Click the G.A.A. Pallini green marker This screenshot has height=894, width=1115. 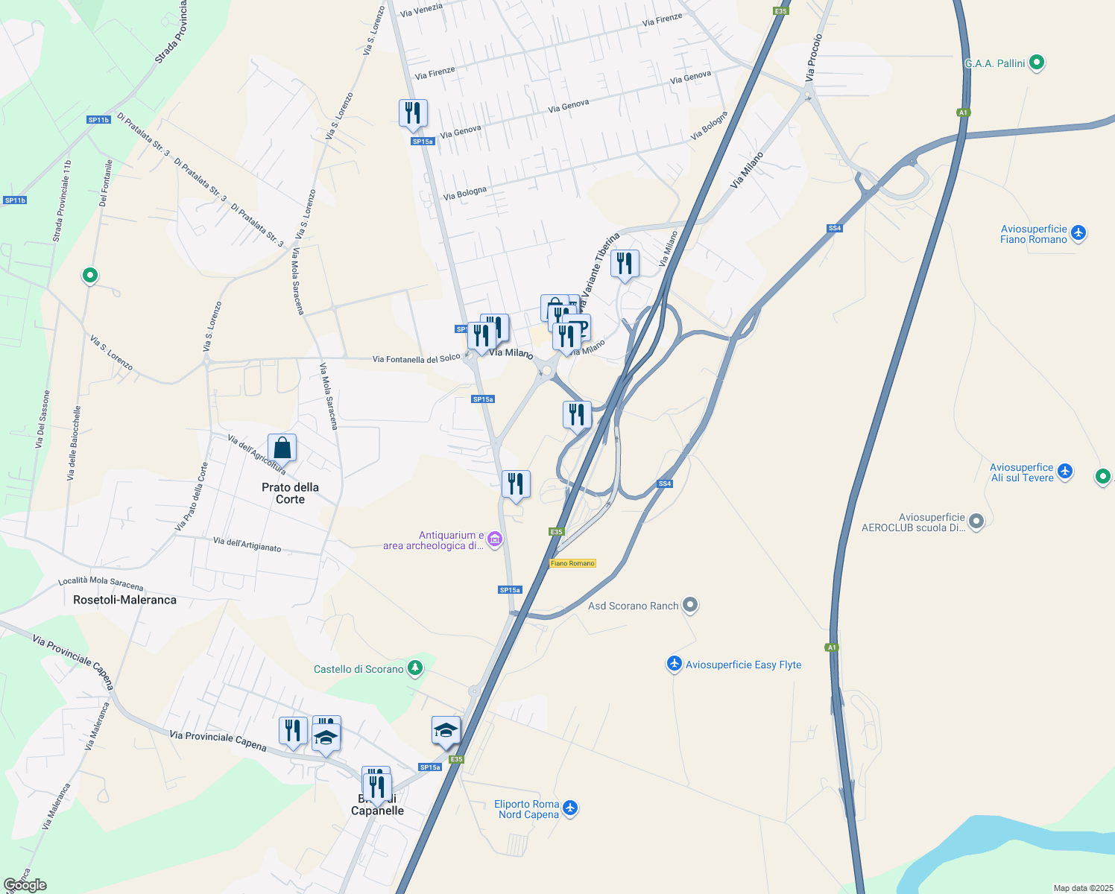[x=1036, y=63]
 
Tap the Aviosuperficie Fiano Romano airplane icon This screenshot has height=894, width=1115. [x=1078, y=233]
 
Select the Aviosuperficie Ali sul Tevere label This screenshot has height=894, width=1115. [x=1021, y=473]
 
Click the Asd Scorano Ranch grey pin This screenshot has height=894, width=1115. [x=690, y=605]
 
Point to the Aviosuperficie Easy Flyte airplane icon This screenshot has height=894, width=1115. [x=674, y=664]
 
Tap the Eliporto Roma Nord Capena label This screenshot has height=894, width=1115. [x=528, y=809]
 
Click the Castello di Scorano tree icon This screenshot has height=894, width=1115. [x=415, y=668]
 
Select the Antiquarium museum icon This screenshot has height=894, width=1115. [x=495, y=539]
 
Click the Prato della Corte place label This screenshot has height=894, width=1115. [x=290, y=493]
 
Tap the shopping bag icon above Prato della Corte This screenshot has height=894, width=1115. [x=282, y=448]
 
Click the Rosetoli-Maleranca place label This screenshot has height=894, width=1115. [x=124, y=600]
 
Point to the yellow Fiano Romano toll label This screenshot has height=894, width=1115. [x=572, y=563]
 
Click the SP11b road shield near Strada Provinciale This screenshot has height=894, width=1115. [x=98, y=120]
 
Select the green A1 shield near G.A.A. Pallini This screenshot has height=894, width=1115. [x=963, y=112]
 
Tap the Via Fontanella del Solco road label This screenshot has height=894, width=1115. [x=416, y=359]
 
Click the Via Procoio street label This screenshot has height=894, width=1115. [x=814, y=58]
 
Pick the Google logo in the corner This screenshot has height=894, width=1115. [x=25, y=885]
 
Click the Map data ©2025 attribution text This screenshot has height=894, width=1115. [x=1082, y=888]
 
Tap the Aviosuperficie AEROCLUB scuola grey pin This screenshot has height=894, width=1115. [x=976, y=521]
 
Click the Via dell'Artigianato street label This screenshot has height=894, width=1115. [x=247, y=545]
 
